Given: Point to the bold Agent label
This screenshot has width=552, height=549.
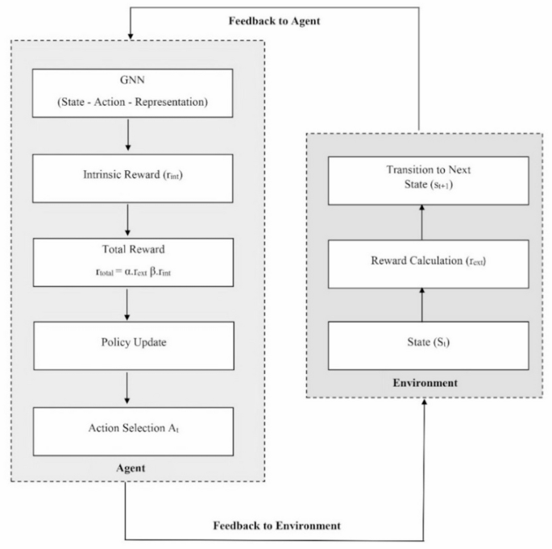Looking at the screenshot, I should click(x=130, y=468).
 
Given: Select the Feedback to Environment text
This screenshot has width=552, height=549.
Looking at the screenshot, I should click(x=276, y=525).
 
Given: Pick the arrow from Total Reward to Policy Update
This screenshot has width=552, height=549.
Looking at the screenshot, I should click(x=129, y=302).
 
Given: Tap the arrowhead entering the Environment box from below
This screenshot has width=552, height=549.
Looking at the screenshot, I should click(x=424, y=404).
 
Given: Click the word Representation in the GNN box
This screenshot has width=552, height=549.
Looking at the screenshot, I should click(x=172, y=102).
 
